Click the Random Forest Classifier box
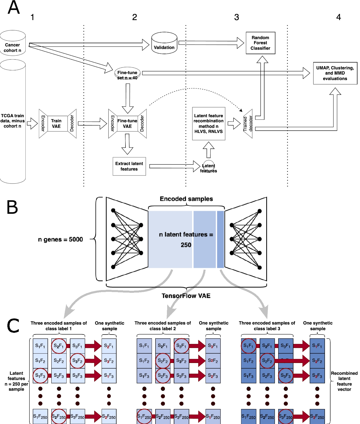[260, 43]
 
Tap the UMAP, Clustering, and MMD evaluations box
[335, 73]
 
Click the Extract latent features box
[129, 166]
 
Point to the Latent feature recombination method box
[209, 124]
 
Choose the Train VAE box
[56, 124]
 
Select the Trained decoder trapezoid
[248, 124]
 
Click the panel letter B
[12, 207]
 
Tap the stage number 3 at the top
[237, 17]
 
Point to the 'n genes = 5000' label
[60, 239]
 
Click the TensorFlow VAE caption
[186, 296]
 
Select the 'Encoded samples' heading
[186, 199]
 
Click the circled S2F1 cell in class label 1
[59, 346]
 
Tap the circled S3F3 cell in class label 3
[286, 376]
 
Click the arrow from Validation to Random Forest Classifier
[211, 43]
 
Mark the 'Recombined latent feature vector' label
[344, 381]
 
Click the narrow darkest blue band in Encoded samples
[220, 239]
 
